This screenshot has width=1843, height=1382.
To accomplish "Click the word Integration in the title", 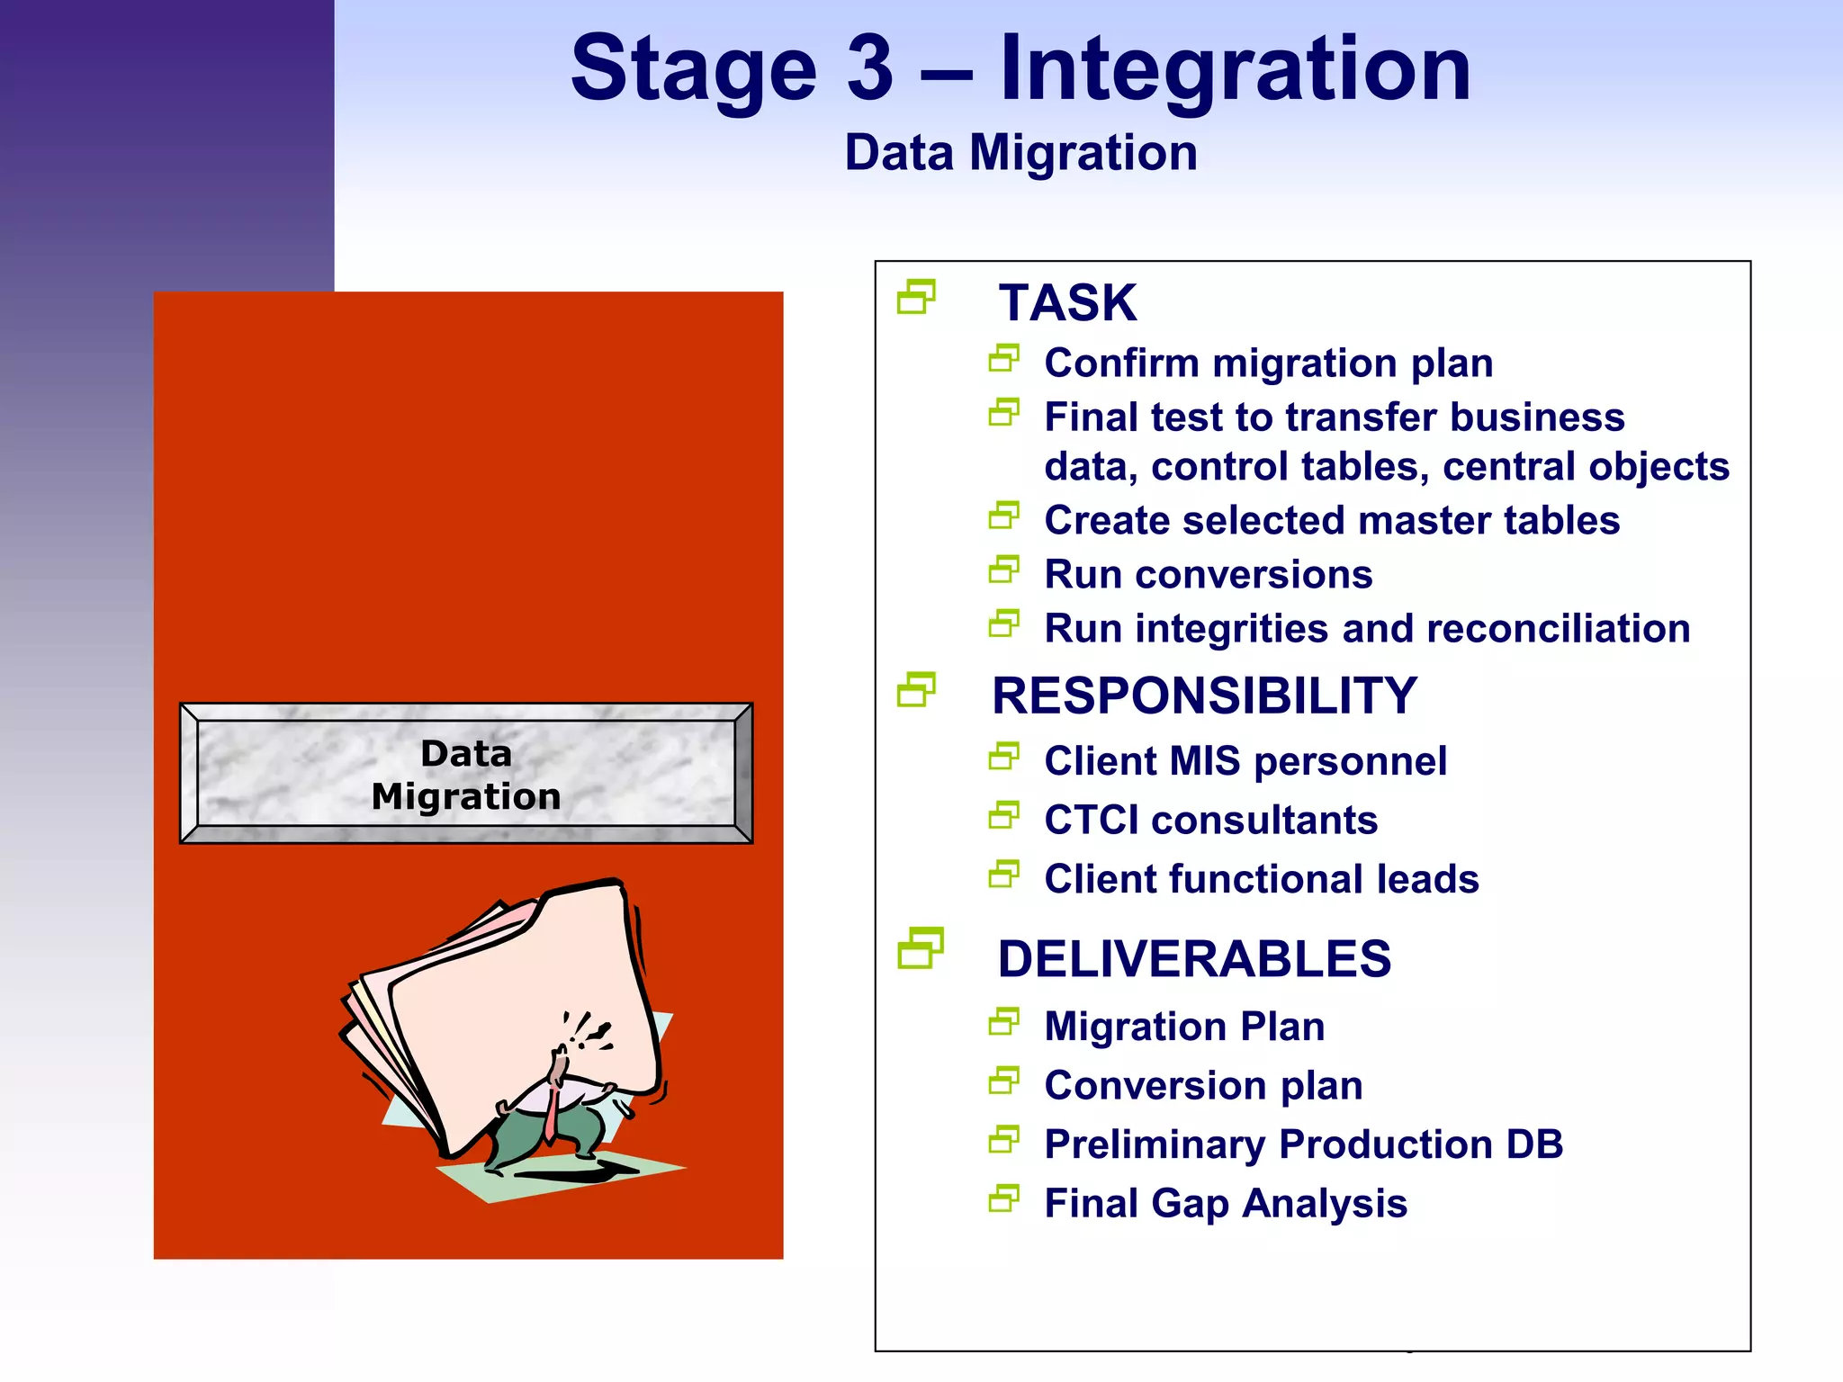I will (x=1235, y=68).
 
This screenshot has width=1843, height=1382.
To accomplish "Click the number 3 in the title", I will (x=870, y=68).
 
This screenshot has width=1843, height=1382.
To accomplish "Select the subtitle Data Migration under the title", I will (x=1020, y=152).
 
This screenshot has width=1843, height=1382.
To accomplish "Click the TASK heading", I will (x=1067, y=302).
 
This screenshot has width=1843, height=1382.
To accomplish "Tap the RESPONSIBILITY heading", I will (x=1204, y=695).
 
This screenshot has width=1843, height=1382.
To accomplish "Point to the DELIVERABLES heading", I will (x=1194, y=958).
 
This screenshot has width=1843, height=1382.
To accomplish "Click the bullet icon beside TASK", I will (x=916, y=297).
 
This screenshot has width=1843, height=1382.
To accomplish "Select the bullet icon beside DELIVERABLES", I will (x=920, y=948).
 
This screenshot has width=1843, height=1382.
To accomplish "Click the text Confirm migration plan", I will (x=1268, y=363).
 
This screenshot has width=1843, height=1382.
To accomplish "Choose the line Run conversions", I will (x=1208, y=574).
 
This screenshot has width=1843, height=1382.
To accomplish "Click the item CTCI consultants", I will (x=1210, y=820).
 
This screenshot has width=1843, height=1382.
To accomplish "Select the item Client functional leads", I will (x=1261, y=879).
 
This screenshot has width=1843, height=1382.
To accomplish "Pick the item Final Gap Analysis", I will (x=1225, y=1204).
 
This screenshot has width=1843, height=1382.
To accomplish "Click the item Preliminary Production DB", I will (x=1303, y=1144).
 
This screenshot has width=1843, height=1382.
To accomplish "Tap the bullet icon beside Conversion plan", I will (x=1003, y=1081).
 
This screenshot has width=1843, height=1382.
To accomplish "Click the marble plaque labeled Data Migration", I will (x=466, y=774).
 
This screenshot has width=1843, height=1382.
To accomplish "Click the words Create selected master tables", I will (x=1331, y=521).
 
